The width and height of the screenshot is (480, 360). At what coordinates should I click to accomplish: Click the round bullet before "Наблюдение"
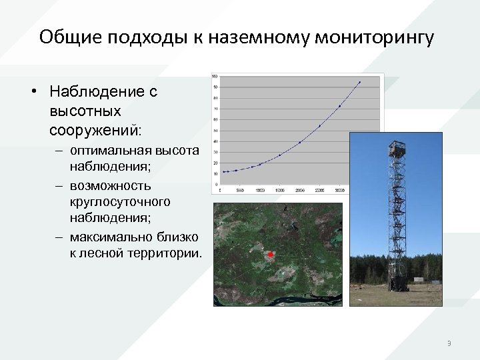(x=34, y=92)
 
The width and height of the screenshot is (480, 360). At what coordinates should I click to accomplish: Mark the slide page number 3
(x=449, y=343)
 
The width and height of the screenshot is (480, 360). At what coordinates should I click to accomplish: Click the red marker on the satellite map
(x=270, y=255)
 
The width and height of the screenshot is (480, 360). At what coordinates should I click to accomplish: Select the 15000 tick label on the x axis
(x=279, y=189)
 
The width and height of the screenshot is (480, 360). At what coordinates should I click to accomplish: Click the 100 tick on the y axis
(x=215, y=77)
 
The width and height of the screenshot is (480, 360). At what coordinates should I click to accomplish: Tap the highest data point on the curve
(x=359, y=83)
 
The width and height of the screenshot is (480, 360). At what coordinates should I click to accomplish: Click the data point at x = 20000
(x=299, y=143)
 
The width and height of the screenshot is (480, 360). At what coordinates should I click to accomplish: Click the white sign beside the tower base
(x=419, y=279)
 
